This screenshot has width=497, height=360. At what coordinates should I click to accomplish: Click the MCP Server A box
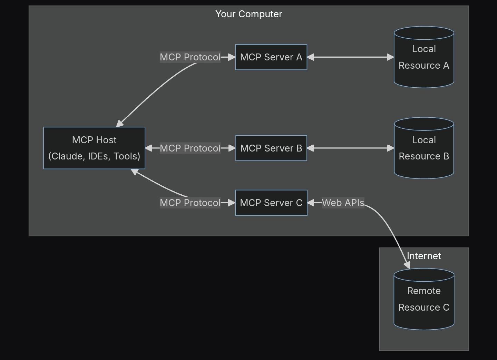pyautogui.click(x=271, y=57)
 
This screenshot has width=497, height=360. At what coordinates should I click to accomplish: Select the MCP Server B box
pyautogui.click(x=271, y=148)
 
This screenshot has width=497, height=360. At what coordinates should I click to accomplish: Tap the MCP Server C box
pyautogui.click(x=271, y=203)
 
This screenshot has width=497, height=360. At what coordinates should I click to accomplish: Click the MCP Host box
pyautogui.click(x=94, y=148)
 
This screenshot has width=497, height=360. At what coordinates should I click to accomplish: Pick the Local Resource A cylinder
pyautogui.click(x=424, y=57)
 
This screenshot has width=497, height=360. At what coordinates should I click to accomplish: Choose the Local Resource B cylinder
pyautogui.click(x=424, y=148)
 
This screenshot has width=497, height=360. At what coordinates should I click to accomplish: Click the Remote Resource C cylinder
pyautogui.click(x=424, y=299)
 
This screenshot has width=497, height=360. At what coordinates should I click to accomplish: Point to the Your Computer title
pyautogui.click(x=249, y=14)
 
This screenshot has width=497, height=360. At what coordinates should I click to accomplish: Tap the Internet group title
pyautogui.click(x=424, y=256)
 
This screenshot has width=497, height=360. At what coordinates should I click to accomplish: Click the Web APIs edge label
pyautogui.click(x=343, y=203)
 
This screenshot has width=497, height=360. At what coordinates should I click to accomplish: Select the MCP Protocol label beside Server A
pyautogui.click(x=190, y=57)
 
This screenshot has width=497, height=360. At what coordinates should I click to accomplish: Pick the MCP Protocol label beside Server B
pyautogui.click(x=190, y=148)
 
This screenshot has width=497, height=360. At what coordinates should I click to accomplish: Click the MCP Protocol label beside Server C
pyautogui.click(x=190, y=203)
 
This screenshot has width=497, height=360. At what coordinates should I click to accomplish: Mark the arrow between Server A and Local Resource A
pyautogui.click(x=351, y=57)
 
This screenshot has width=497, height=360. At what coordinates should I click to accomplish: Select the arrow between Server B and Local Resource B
pyautogui.click(x=351, y=148)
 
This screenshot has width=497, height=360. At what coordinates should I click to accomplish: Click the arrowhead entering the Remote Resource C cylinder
pyautogui.click(x=407, y=265)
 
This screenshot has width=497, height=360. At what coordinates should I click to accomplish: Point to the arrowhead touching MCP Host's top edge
pyautogui.click(x=119, y=124)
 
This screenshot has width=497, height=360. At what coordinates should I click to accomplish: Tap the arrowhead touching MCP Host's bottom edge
pyautogui.click(x=135, y=172)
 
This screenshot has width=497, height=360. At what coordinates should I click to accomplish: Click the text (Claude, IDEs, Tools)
pyautogui.click(x=94, y=156)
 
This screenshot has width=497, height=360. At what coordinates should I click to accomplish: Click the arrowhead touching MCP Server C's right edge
pyautogui.click(x=311, y=203)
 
